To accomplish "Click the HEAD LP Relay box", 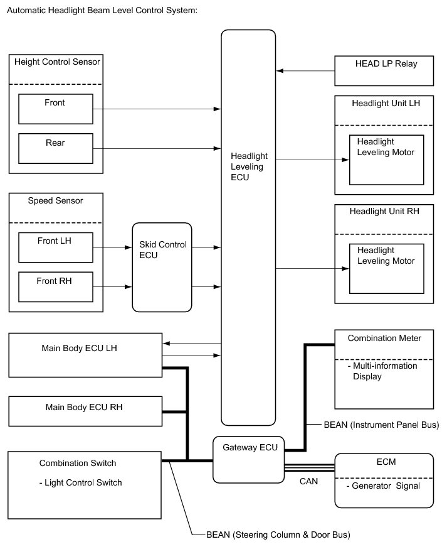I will tap(384, 70).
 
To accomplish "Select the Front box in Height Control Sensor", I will tap(56, 109).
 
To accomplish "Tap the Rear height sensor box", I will tap(56, 149).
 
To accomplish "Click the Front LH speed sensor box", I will tap(56, 247).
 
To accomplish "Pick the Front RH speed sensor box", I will tap(56, 287).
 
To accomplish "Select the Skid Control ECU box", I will tap(162, 267).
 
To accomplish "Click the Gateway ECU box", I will tap(249, 459).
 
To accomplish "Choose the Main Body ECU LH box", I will tap(85, 355).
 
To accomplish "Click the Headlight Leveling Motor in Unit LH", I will tap(386, 160).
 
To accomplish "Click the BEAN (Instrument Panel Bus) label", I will tap(381, 425).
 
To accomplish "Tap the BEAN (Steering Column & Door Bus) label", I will tap(278, 535).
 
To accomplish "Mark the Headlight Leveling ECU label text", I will tap(248, 166).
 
